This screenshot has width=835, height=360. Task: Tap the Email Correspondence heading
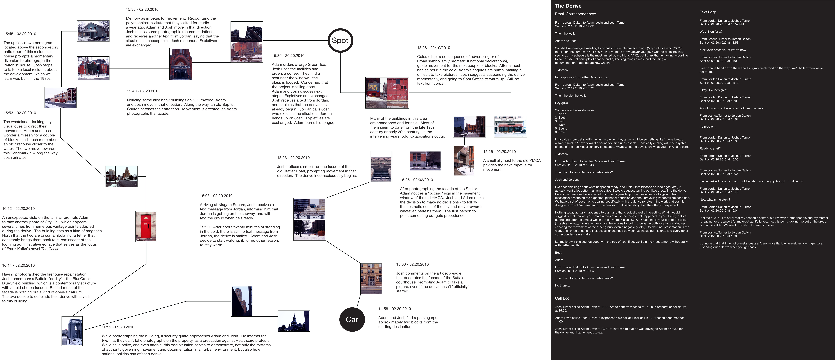pyautogui.click(x=575, y=14)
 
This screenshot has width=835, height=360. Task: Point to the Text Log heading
pyautogui.click(x=708, y=12)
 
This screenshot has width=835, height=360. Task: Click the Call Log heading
pyautogui.click(x=563, y=298)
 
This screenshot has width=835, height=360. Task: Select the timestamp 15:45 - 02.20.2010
pyautogui.click(x=20, y=34)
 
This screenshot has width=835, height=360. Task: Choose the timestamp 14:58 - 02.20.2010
pyautogui.click(x=394, y=309)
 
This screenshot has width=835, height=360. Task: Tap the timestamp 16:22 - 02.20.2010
pyautogui.click(x=118, y=327)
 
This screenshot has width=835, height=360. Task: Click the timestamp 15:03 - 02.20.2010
pyautogui.click(x=216, y=196)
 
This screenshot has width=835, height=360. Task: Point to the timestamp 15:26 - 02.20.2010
pyautogui.click(x=500, y=152)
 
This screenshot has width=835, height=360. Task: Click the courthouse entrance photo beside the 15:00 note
pyautogui.click(x=371, y=279)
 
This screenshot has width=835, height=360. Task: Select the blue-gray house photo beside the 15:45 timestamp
pyautogui.click(x=93, y=31)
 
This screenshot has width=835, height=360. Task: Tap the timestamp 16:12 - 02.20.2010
pyautogui.click(x=18, y=209)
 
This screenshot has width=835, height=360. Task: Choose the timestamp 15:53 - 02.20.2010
pyautogui.click(x=20, y=113)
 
